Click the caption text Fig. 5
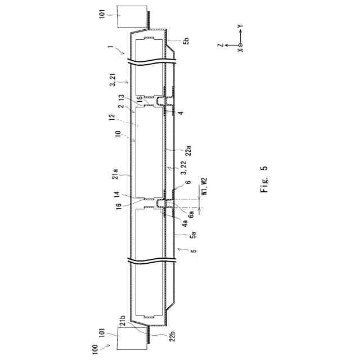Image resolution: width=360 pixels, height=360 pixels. click(264, 179)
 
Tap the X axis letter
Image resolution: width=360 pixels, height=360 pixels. click(240, 51)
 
